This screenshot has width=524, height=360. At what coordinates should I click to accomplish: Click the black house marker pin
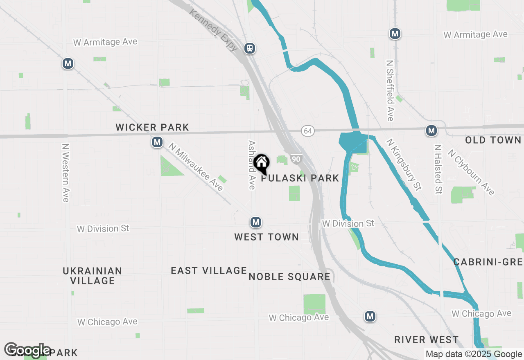[x=262, y=164]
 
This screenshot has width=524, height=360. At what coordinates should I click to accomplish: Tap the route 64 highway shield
[x=308, y=131]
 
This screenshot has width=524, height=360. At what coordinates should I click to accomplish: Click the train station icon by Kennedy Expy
[x=250, y=48]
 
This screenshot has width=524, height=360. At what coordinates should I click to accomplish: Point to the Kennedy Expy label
[x=213, y=30]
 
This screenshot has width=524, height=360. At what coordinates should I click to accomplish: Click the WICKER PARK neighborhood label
[x=152, y=127]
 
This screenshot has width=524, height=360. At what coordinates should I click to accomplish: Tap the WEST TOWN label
[x=267, y=237]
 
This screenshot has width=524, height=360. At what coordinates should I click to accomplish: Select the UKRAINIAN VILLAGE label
[x=93, y=276]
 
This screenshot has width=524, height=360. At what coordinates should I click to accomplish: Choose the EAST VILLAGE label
[x=209, y=270]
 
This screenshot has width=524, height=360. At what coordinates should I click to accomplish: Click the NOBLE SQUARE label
[x=289, y=277]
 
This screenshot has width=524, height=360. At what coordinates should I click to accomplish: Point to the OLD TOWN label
[x=493, y=140]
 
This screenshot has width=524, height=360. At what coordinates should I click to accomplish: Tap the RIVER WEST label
[x=426, y=340]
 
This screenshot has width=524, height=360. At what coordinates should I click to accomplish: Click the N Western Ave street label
[x=65, y=172]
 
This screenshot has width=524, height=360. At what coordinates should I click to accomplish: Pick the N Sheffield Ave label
[x=390, y=91]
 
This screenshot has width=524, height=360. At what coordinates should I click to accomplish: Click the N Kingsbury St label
[x=404, y=164]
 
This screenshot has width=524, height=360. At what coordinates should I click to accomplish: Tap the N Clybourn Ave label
[x=471, y=172]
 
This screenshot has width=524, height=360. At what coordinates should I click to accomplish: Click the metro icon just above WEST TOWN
[x=256, y=222]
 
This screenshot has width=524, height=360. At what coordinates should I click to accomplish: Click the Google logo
[x=27, y=350]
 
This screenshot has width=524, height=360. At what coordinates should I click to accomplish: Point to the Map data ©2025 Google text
[x=474, y=354]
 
